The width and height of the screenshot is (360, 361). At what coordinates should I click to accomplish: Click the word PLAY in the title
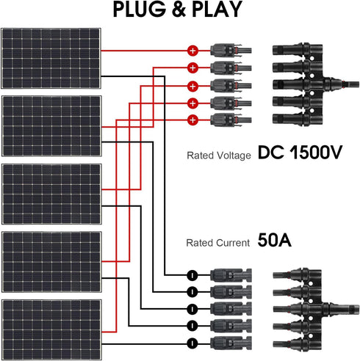click(217, 10)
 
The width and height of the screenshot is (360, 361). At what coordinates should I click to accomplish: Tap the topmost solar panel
click(51, 59)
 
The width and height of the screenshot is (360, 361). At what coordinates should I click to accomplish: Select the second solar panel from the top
click(51, 125)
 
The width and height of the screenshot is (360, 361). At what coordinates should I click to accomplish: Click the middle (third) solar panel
click(51, 193)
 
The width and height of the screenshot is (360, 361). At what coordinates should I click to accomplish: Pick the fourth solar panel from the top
click(51, 260)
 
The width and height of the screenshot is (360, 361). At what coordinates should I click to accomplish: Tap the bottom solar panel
click(51, 328)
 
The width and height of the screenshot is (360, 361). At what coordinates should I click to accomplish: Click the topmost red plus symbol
click(192, 51)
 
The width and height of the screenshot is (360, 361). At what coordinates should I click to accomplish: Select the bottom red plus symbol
click(192, 119)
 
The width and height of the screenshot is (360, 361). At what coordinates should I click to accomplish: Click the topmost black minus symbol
click(190, 275)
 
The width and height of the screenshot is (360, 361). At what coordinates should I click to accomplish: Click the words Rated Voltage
click(220, 156)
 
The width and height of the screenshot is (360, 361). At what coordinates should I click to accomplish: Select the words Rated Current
click(220, 241)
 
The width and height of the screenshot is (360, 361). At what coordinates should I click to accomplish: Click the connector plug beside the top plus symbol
click(228, 51)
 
